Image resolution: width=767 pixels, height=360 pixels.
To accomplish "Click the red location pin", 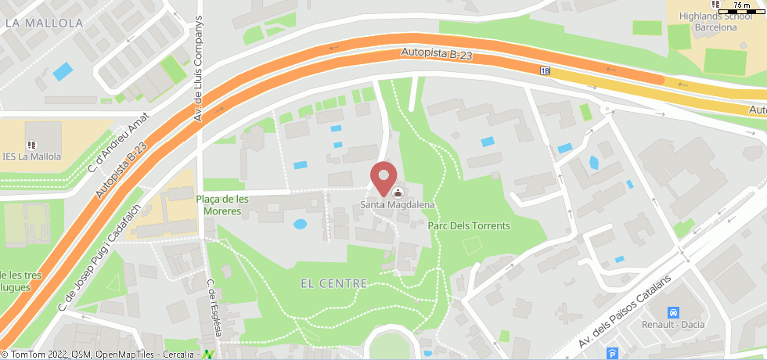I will pyautogui.click(x=383, y=177).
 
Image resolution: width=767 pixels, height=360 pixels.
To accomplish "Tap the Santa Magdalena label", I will pyautogui.click(x=397, y=206).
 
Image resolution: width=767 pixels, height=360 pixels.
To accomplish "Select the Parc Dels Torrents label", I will pyautogui.click(x=469, y=226).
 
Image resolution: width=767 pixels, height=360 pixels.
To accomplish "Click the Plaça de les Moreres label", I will pyautogui.click(x=222, y=205).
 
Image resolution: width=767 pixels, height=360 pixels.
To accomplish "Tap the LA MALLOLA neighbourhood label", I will pyautogui.click(x=44, y=23).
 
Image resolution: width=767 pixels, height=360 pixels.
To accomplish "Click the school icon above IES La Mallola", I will pyautogui.click(x=32, y=145).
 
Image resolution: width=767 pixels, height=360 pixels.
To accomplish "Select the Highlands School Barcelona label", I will pyautogui.click(x=716, y=22).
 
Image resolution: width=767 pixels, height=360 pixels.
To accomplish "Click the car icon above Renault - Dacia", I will pyautogui.click(x=672, y=311).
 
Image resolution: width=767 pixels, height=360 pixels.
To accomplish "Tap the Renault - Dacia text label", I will pyautogui.click(x=672, y=324).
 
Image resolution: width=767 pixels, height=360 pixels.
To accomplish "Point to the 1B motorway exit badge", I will pyautogui.click(x=545, y=70).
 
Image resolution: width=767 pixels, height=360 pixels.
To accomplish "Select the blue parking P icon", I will pyautogui.click(x=613, y=354).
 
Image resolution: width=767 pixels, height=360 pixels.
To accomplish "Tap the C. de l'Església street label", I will pyautogui.click(x=214, y=309).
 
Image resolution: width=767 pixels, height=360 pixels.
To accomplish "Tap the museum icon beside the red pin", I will pyautogui.click(x=398, y=193).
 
